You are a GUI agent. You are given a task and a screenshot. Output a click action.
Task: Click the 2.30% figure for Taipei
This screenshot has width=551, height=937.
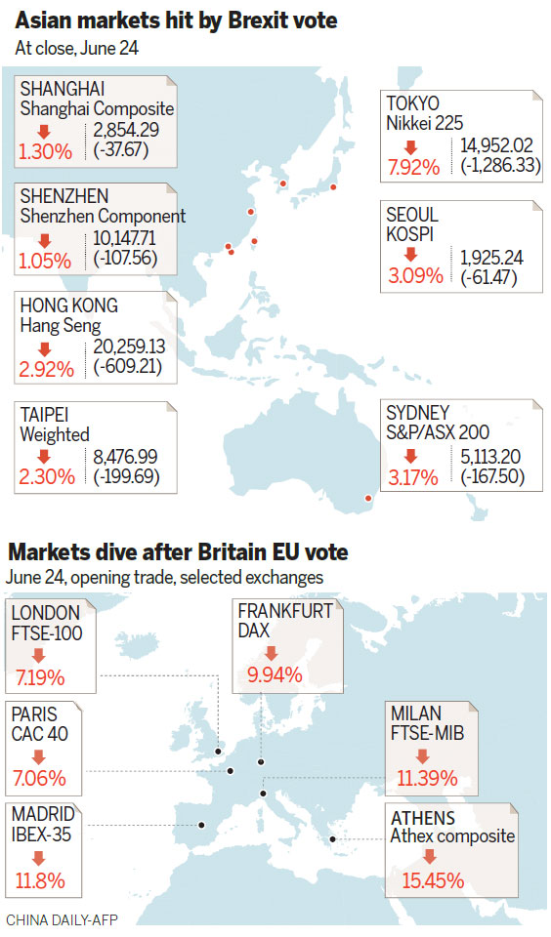point(44,478)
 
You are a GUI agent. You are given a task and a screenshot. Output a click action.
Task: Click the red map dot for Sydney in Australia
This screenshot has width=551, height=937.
point(368,500)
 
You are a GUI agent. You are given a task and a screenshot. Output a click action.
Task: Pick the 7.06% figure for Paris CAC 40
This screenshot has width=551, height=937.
point(40,778)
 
